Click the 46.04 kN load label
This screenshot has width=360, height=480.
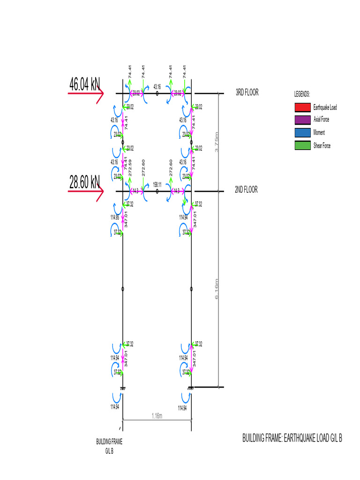point(84,84)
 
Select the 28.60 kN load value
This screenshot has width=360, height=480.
point(84,182)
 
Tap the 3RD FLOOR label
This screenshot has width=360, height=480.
point(247,93)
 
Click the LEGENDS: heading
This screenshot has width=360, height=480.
point(302,95)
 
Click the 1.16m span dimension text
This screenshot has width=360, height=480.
point(157,415)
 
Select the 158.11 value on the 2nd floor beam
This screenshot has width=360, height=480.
point(157,185)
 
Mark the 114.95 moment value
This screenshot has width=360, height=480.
point(115,217)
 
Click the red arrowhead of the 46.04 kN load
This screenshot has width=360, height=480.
point(100,94)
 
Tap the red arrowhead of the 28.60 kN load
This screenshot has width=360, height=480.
point(100,191)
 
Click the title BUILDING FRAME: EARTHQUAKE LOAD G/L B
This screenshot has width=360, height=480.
point(292,439)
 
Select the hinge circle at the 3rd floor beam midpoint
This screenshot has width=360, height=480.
point(157,94)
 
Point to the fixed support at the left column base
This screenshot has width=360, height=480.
point(122,388)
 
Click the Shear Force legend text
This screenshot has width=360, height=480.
point(322,146)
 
